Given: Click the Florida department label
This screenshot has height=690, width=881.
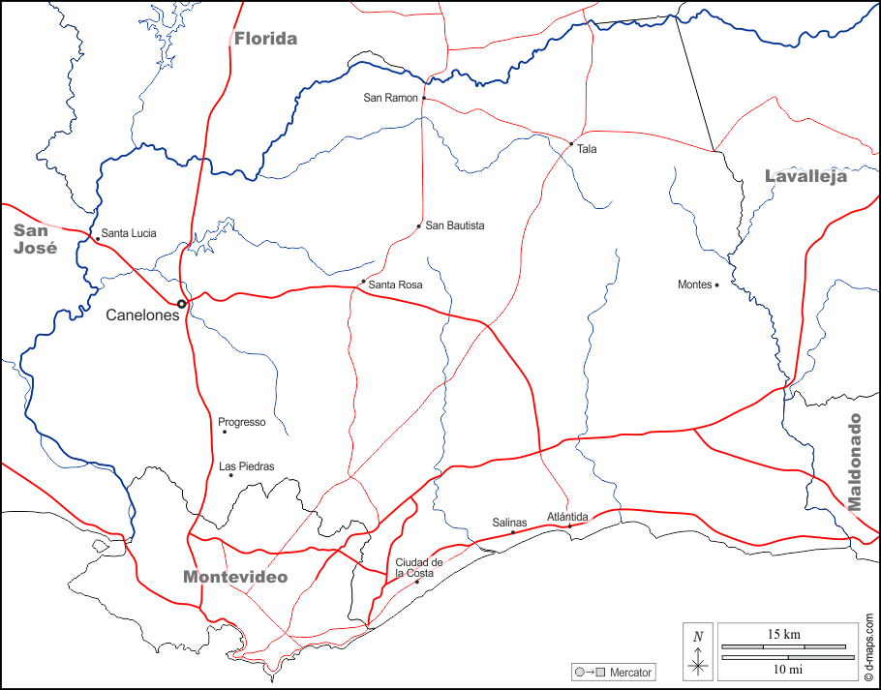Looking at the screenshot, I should [265, 39].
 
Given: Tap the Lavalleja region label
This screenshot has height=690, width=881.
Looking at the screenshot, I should [805, 176].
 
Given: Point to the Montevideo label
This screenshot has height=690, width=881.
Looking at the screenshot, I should [235, 577].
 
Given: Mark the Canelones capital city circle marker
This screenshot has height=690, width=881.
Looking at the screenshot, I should [181, 304].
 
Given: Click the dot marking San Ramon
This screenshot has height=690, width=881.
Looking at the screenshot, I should [424, 98].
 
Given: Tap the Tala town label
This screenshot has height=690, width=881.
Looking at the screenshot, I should [587, 149].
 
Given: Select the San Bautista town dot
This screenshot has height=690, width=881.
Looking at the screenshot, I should [418, 226].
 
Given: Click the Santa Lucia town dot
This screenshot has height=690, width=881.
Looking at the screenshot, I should [97, 238].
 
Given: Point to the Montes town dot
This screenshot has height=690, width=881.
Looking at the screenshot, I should [716, 285].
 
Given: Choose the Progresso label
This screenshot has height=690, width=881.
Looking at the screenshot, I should [241, 422].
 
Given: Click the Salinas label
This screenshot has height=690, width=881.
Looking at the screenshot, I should [509, 523].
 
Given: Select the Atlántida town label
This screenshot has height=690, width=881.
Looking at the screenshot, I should [567, 516].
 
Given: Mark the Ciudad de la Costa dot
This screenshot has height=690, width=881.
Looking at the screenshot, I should [417, 582].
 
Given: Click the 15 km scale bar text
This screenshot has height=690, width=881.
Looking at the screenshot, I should [783, 634].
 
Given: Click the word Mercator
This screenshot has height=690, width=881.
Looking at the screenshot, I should [630, 672].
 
